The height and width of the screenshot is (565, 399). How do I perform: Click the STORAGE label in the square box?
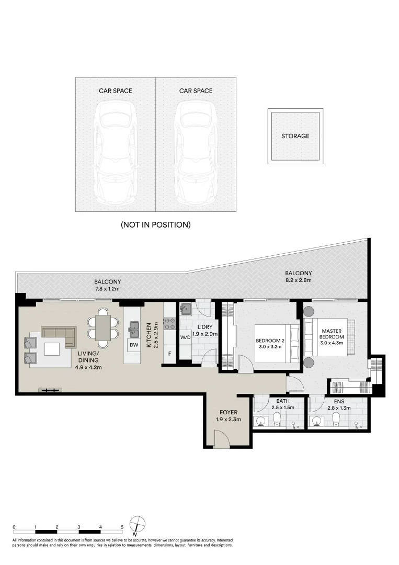[295, 136]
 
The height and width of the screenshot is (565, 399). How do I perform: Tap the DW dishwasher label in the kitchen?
[133, 345]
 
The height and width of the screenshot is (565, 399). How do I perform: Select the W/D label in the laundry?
[185, 337]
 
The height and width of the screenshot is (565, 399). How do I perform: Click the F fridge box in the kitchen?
[169, 354]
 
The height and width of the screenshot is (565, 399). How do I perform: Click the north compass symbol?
[137, 525]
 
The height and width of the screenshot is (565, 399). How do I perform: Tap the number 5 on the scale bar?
[122, 527]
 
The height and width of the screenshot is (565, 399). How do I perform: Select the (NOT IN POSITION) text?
[155, 225]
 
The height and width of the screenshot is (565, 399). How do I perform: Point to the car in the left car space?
[116, 152]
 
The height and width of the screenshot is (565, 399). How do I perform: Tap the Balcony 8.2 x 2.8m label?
[298, 277]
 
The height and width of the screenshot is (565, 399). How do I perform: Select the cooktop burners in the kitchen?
[169, 324]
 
